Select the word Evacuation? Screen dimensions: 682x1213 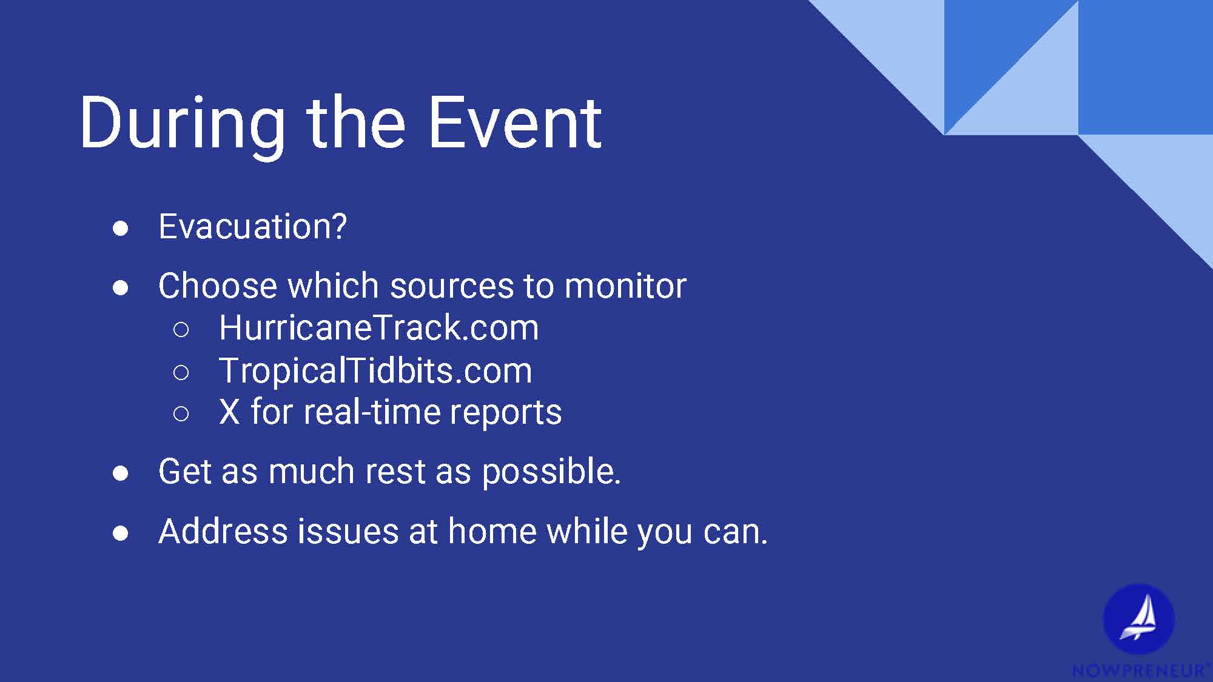252,227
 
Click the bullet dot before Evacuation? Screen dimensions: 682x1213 121,229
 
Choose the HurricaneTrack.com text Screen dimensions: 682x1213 378,328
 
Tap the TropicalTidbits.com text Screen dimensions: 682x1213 375,370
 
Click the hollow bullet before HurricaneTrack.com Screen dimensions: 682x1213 181,330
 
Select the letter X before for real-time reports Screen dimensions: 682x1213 229,412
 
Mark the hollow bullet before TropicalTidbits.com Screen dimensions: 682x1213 181,372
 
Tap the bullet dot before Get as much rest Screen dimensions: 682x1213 121,473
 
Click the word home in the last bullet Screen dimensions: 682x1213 491,532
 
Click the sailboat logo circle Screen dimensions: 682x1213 1138,619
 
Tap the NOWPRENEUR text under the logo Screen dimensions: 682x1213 1138,670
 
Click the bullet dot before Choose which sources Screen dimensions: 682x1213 121,288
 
